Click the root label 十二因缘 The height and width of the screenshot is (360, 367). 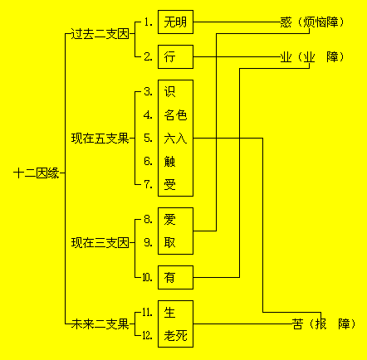coord(37,173)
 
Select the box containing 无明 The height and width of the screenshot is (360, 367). coord(175,22)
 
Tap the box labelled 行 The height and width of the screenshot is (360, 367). coord(175,57)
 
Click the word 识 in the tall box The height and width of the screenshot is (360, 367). coord(169,92)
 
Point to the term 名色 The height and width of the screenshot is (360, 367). coord(175,115)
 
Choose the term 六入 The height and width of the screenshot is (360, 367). coord(175,139)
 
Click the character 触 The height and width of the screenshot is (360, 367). coord(169,162)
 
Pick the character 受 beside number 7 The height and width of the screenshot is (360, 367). coord(169,185)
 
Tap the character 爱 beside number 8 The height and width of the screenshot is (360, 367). coord(169,220)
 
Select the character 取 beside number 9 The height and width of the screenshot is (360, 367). coord(169,243)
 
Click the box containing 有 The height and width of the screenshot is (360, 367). coord(175,277)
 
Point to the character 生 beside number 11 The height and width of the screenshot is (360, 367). coord(169,313)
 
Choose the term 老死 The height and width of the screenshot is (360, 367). coord(175,336)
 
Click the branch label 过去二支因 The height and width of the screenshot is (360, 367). coord(100,34)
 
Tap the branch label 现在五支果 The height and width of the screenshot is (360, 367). coord(100,139)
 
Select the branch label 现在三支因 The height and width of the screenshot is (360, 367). coord(100,243)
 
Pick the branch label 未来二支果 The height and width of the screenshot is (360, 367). coord(100,324)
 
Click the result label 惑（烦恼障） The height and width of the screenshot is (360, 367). coord(312,22)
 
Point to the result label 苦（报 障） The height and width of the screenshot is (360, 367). coord(324,324)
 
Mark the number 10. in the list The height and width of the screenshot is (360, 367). coord(147,277)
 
